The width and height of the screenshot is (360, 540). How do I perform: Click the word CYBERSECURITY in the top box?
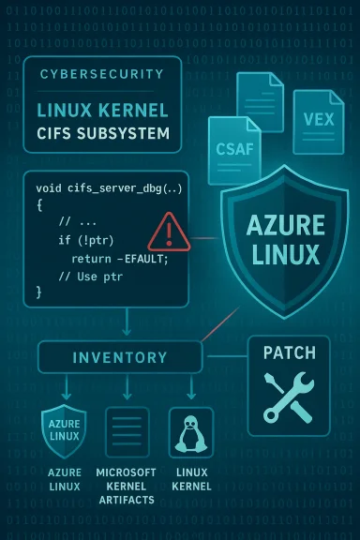(x=102, y=74)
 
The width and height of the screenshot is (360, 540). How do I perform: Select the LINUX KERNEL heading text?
(x=103, y=110)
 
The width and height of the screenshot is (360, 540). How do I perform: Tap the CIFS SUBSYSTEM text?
(x=103, y=134)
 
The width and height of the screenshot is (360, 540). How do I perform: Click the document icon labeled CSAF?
(x=233, y=145)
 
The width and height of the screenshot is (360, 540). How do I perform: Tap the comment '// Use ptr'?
(x=92, y=276)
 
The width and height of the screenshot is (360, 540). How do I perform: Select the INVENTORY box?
(x=120, y=357)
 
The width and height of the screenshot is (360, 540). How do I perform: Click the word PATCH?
(x=289, y=354)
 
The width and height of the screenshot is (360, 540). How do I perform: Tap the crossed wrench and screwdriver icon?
(x=289, y=397)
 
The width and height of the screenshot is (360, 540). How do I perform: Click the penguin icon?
(x=190, y=432)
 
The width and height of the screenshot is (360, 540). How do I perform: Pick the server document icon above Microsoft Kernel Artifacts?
(x=127, y=432)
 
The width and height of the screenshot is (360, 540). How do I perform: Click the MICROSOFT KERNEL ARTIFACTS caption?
(x=127, y=487)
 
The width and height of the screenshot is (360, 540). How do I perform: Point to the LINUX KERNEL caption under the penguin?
(x=190, y=479)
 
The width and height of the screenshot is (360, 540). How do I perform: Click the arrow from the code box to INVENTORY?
(x=127, y=322)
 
